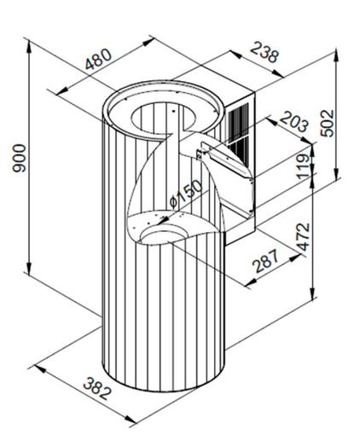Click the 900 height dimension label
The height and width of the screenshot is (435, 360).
point(20,158)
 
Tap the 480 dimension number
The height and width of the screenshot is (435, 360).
point(98,60)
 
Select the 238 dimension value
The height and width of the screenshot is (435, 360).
point(264,52)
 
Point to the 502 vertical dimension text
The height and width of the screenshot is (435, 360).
point(327,123)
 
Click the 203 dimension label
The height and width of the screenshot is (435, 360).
point(294,122)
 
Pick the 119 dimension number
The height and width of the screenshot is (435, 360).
point(304,166)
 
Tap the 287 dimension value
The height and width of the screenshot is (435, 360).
point(266,261)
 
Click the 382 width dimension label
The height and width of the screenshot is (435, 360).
point(96,388)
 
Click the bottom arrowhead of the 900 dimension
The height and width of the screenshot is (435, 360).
point(29,266)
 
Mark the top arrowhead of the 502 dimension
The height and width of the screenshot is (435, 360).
point(337,55)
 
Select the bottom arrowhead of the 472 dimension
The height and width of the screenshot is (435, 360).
point(313,293)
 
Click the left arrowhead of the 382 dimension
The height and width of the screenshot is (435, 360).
point(40,368)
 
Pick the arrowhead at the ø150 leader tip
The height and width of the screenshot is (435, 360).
point(163,220)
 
